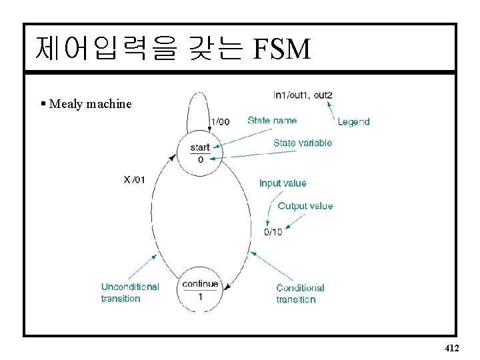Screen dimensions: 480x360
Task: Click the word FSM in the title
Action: click(x=282, y=48)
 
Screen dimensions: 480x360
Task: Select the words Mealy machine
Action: click(x=91, y=104)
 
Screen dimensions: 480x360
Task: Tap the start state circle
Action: click(x=200, y=154)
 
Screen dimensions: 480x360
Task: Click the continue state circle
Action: click(x=200, y=290)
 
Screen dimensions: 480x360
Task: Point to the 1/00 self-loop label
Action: click(x=220, y=121)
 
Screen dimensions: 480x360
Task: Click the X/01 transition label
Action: click(x=134, y=179)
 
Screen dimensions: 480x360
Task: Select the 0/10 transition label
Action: click(x=273, y=232)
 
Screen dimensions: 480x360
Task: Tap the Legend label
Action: click(x=353, y=122)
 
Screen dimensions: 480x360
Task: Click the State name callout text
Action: click(x=272, y=121)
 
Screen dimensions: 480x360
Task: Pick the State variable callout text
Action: click(x=302, y=143)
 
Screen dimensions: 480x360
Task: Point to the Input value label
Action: click(x=283, y=183)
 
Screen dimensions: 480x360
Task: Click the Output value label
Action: click(x=305, y=206)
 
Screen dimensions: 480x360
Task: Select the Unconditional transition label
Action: click(x=130, y=293)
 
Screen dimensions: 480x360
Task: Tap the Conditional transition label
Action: click(x=300, y=293)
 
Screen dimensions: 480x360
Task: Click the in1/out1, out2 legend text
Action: click(x=303, y=95)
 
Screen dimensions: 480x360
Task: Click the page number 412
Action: click(x=451, y=348)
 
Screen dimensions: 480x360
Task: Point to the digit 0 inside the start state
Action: click(x=200, y=160)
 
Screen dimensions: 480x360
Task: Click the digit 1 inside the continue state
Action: click(x=200, y=296)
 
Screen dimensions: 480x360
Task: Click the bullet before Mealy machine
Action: click(x=43, y=103)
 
